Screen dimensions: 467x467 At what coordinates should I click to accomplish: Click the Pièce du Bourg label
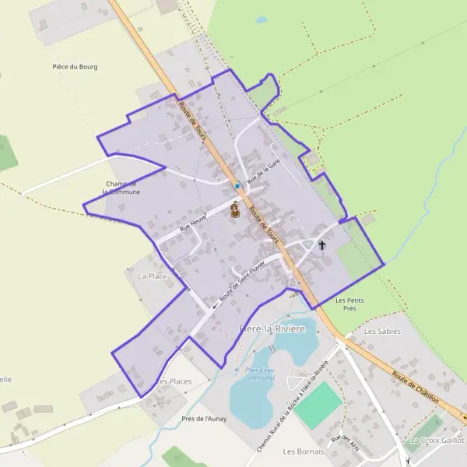coord(75,67)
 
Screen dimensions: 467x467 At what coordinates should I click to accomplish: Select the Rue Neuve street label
coord(193,223)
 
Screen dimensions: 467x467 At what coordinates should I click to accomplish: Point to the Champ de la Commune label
coord(122,188)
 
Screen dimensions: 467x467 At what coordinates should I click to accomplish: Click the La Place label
coord(152,276)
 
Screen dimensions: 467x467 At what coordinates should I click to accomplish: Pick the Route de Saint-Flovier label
coord(242,282)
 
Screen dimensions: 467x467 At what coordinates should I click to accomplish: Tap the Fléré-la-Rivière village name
coord(273,329)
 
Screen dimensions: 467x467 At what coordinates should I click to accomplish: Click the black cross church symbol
coord(322,246)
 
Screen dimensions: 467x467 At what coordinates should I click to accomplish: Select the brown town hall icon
coord(233,209)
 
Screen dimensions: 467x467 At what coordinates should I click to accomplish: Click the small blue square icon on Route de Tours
coord(237,185)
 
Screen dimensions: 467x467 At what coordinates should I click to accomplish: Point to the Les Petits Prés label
coord(350,304)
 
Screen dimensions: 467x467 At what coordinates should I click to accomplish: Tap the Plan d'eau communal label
coord(260,373)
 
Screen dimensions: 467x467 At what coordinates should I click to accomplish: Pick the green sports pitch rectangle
coord(318,405)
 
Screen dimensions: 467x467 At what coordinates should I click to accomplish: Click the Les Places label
coord(174,381)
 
